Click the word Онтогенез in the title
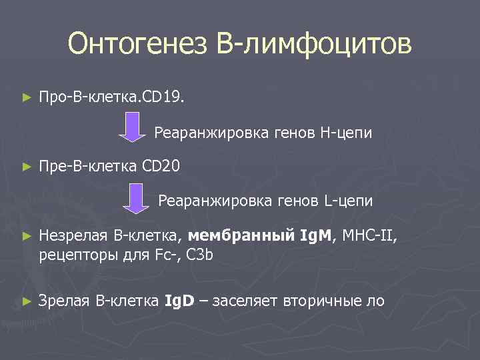137,45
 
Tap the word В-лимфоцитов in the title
314,45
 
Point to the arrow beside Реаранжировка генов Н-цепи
132,127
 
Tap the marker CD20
161,165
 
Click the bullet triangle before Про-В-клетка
27,99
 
